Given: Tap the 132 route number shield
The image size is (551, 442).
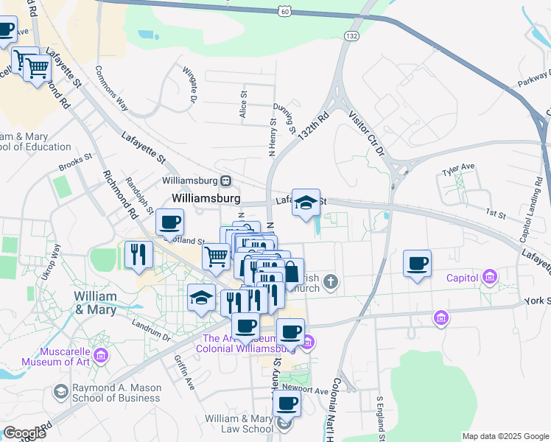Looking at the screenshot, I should click(x=352, y=35).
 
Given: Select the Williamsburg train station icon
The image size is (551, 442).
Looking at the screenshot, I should click(x=226, y=180).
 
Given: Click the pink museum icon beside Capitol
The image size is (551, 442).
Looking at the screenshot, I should click(x=488, y=278).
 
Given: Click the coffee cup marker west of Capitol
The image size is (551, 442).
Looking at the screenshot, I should click(x=418, y=264).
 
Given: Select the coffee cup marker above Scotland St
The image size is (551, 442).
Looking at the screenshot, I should click(x=170, y=222).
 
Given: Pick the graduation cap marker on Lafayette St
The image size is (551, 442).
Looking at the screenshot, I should click(x=306, y=203).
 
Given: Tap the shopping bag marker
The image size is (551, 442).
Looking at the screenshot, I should click(x=291, y=271).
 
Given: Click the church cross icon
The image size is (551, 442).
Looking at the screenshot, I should click(x=331, y=280).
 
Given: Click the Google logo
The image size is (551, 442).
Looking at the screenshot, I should click(x=24, y=433).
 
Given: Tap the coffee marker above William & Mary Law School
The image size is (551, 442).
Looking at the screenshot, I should click(x=287, y=403).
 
